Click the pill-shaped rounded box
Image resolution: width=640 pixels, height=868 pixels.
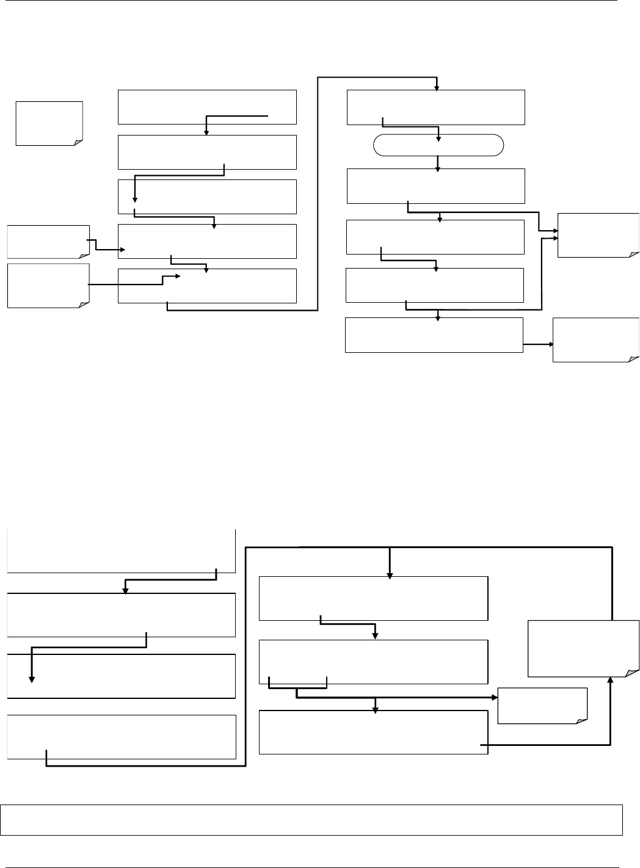point(438,145)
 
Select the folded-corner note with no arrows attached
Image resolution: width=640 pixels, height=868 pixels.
point(49,123)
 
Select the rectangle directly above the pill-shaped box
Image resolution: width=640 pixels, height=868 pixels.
point(435,107)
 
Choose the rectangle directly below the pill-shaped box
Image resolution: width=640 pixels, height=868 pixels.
point(435,186)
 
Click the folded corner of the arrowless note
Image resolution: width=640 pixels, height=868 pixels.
point(77,142)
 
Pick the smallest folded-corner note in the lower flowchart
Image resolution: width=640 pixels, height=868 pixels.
point(542,706)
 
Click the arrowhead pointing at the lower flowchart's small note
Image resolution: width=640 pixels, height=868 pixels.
point(493,696)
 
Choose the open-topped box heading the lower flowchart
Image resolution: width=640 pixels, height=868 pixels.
point(121,551)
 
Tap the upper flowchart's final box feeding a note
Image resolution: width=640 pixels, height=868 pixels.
point(434,335)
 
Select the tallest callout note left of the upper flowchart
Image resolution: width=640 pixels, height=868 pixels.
point(48,286)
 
